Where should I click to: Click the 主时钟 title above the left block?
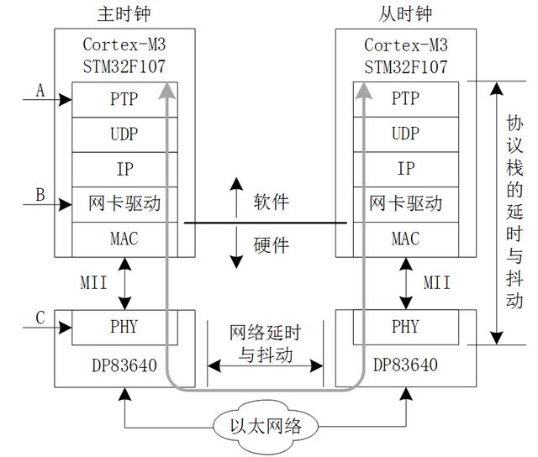tap(124, 14)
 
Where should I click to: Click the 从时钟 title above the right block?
tap(405, 14)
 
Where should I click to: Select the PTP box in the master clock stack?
tap(124, 98)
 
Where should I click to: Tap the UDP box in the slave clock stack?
tap(405, 134)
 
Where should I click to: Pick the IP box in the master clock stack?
tap(124, 169)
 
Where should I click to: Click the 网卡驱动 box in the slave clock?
tap(405, 204)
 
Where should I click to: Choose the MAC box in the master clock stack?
tap(124, 239)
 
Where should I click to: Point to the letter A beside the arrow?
tap(40, 90)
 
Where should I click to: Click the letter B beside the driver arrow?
tap(40, 195)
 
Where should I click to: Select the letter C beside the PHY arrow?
tap(40, 318)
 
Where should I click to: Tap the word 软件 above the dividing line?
tap(271, 202)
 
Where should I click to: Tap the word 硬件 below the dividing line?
tap(271, 244)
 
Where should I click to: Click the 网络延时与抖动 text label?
tap(266, 344)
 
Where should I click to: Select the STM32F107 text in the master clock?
tap(124, 66)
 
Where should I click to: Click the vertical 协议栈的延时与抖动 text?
tap(514, 211)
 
